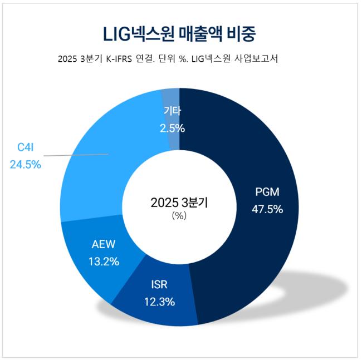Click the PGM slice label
pyautogui.click(x=267, y=193)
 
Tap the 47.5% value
pyautogui.click(x=267, y=210)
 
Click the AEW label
pyautogui.click(x=103, y=244)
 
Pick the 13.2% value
pyautogui.click(x=103, y=260)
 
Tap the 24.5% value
pyautogui.click(x=25, y=164)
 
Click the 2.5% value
pyautogui.click(x=172, y=128)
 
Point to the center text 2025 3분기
pyautogui.click(x=179, y=203)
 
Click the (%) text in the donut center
pyautogui.click(x=179, y=216)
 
